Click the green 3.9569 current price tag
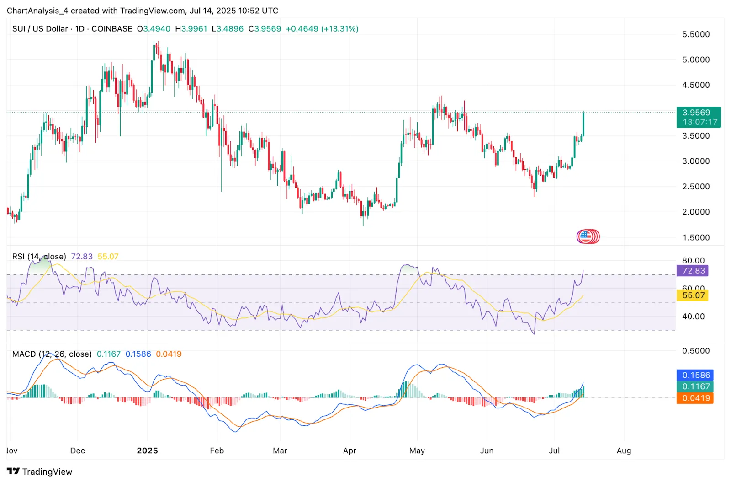point(698,113)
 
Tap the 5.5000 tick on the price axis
point(696,34)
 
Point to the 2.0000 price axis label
point(696,212)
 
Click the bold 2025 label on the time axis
point(147,451)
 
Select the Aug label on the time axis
point(624,451)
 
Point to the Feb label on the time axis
point(217,451)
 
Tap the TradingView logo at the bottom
point(40,472)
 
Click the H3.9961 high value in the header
point(191,29)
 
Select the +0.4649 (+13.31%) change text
point(322,29)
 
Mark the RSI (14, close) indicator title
point(39,257)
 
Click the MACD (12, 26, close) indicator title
point(52,354)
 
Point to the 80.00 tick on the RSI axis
point(693,260)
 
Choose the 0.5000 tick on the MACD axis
point(696,351)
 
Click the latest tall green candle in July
point(583,124)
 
